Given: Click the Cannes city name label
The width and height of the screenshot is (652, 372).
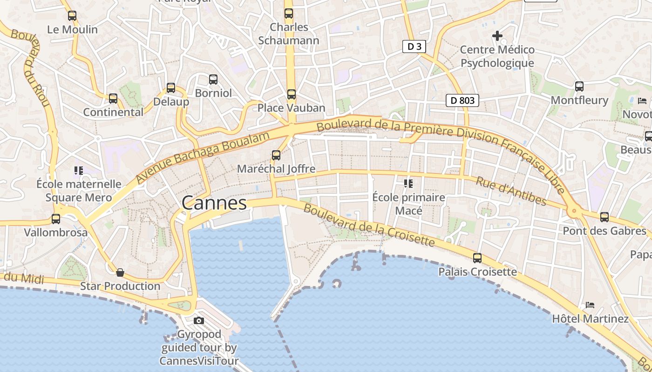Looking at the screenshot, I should tap(214, 203).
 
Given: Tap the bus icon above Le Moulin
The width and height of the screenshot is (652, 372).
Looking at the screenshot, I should tap(72, 15).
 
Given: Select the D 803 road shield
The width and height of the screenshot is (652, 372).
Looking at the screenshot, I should tap(462, 100).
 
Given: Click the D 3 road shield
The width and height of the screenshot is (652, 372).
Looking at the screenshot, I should tap(414, 46).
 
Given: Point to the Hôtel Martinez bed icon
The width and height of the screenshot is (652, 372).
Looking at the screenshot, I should tap(590, 305).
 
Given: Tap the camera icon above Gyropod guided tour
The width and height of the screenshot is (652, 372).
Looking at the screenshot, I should tap(199, 320).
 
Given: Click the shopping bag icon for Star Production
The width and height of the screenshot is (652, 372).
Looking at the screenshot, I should tap(120, 272).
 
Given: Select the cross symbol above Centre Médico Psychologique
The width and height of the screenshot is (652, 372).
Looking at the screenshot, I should tap(497, 35).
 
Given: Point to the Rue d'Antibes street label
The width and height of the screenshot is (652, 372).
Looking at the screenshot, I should tap(511, 191).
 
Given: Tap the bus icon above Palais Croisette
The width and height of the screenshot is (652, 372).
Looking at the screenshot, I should tap(477, 258).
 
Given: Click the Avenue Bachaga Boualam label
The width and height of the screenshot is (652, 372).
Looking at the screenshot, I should tap(203, 157).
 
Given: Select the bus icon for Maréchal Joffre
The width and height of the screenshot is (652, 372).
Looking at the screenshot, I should tap(276, 155).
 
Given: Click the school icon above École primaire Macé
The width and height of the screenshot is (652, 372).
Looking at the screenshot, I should tap(408, 183).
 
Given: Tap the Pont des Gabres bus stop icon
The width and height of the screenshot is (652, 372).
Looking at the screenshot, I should tap(604, 217).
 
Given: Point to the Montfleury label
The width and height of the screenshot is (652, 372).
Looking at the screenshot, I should tap(579, 100).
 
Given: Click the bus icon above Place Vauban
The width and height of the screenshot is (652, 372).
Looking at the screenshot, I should tap(292, 94).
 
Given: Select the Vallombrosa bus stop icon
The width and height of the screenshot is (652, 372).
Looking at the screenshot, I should tap(56, 219).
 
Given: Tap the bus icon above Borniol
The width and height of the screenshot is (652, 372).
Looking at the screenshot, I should tap(213, 79).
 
